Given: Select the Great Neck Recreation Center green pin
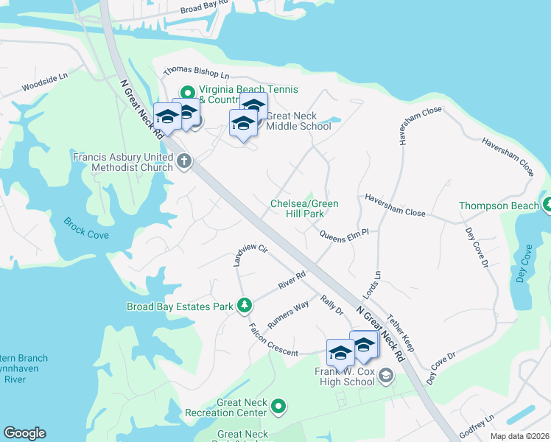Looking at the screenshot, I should pos(278,406).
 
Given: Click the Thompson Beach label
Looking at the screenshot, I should pos(499,206).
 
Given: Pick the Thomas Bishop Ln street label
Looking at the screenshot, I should pos(197,73).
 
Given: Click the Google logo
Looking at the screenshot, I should pos(24,433).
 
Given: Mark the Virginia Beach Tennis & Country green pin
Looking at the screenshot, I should pos(187,94).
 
